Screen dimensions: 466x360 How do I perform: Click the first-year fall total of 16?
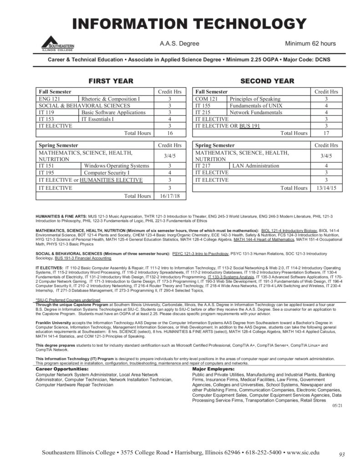coord(169,133)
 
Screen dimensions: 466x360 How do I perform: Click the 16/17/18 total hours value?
coord(169,196)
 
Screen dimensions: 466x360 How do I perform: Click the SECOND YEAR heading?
coord(267,81)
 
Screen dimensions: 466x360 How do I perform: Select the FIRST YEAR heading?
coord(111,81)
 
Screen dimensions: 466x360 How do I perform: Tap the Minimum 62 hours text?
coord(310,44)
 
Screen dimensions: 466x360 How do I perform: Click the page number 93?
coord(342,454)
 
